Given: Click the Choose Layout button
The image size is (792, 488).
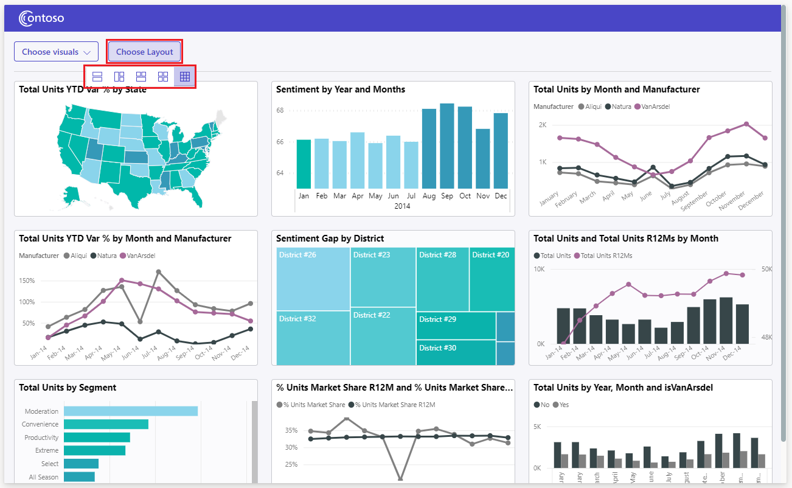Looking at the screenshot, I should [x=145, y=52].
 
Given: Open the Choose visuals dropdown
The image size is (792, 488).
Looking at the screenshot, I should [x=56, y=52].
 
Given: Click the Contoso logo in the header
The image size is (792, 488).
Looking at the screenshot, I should [x=41, y=19].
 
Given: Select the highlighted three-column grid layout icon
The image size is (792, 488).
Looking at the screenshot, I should [x=185, y=77].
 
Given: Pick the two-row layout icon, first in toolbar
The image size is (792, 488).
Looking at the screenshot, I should [x=97, y=77].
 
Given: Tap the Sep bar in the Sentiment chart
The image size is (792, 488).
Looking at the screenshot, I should [x=447, y=146].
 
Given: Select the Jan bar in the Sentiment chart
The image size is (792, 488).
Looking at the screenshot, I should [x=304, y=164].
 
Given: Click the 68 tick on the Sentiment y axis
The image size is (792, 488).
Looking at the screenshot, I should [x=280, y=111].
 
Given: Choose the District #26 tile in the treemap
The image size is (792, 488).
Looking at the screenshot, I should [x=313, y=279].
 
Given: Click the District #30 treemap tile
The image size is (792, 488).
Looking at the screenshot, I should [x=456, y=352].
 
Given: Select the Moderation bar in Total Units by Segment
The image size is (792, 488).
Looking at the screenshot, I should [x=131, y=411].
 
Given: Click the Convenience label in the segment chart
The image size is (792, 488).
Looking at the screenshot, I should [x=40, y=424].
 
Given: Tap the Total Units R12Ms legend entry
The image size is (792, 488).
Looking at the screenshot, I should [x=606, y=256].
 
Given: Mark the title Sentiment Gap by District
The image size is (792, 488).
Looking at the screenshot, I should [x=330, y=239].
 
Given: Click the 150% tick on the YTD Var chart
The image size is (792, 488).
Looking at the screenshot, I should [x=27, y=281].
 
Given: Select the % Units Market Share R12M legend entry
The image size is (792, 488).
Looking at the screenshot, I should [x=395, y=405].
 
